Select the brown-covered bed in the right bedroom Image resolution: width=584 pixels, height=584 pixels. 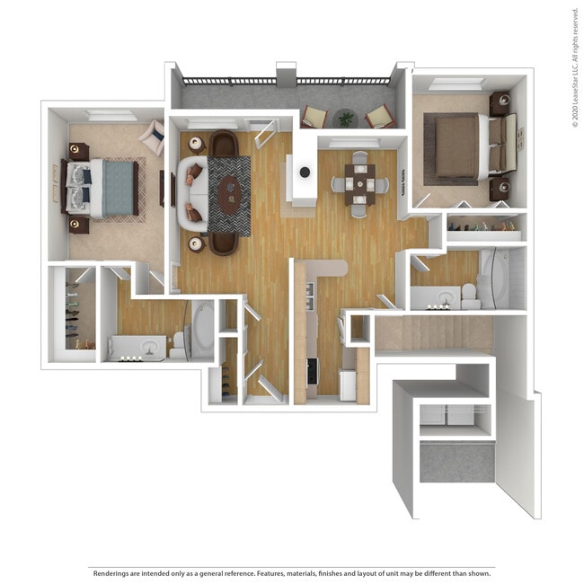pos(460,146)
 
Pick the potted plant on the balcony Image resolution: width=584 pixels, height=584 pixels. pos(346,118)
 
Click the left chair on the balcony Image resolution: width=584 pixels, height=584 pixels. pos(314,117)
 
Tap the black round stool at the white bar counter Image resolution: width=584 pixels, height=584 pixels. pos(305,172)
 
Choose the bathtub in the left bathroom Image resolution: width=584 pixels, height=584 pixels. pos(202,329)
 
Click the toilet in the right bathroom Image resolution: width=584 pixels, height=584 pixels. pos(468,295)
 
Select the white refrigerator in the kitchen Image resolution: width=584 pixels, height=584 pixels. pos(348,385)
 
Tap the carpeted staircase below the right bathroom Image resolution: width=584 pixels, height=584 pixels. pos(433,332)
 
